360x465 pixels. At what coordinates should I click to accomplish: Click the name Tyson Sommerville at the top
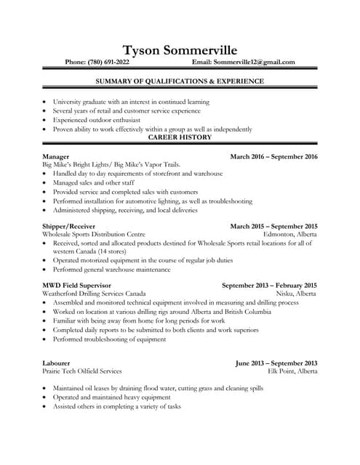click(x=180, y=49)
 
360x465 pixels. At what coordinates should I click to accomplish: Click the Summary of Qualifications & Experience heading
click(x=180, y=81)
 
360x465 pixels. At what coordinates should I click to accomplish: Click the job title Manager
click(x=56, y=157)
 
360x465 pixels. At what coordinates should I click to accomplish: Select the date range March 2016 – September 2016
click(x=273, y=157)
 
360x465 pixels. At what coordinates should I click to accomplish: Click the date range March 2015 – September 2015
click(x=273, y=226)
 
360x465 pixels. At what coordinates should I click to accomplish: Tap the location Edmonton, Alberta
click(x=290, y=235)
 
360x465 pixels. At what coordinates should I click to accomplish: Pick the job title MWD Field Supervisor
click(x=76, y=285)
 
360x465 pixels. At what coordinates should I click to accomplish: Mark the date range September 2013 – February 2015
click(x=269, y=285)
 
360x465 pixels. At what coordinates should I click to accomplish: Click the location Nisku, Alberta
click(x=296, y=294)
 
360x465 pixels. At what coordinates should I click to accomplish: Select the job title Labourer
click(x=57, y=362)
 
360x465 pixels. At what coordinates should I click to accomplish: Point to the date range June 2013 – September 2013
click(x=276, y=362)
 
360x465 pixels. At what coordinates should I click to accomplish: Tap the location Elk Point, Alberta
click(x=292, y=371)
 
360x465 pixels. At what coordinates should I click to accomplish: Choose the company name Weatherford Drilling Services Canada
click(x=94, y=294)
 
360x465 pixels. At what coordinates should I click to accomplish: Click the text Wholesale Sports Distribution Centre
click(x=94, y=235)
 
